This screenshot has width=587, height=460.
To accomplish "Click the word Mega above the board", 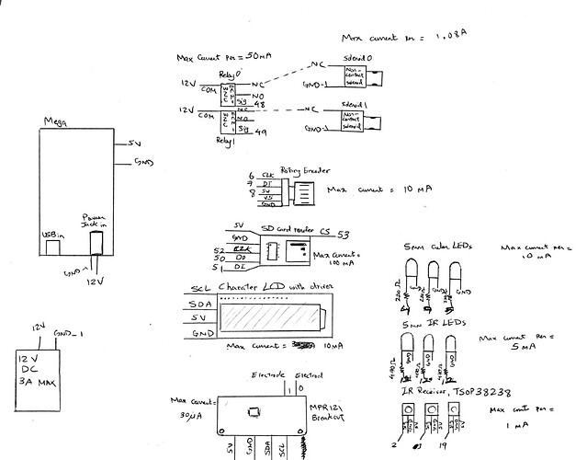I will [53, 122].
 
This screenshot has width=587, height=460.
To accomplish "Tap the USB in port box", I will [52, 244].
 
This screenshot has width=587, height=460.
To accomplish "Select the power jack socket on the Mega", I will [95, 241].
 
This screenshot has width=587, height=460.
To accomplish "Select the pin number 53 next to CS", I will [344, 234].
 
